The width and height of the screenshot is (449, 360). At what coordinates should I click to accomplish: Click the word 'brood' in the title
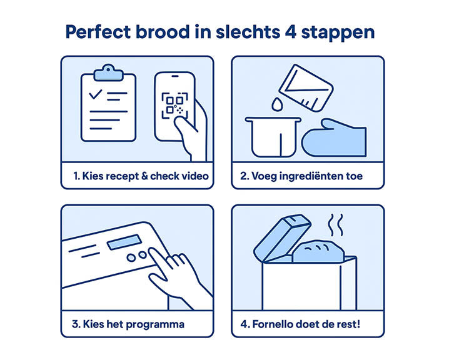(163, 32)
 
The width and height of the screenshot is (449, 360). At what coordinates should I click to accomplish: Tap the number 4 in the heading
(290, 32)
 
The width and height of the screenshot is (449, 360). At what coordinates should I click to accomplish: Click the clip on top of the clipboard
(108, 72)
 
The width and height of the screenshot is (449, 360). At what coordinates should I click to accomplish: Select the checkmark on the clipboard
(96, 94)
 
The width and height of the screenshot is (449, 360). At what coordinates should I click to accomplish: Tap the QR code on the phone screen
(174, 105)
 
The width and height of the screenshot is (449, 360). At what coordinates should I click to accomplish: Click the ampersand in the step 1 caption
(144, 176)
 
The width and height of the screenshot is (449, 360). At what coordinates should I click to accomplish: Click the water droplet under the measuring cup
(277, 104)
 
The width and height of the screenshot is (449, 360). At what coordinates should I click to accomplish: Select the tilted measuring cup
(306, 88)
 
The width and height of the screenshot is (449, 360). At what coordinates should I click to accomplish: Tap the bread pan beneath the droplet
(273, 137)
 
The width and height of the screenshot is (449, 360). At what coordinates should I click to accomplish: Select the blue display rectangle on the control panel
(124, 242)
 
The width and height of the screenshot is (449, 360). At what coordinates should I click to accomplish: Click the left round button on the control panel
(131, 258)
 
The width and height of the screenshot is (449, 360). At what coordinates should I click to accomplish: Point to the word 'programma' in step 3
(155, 325)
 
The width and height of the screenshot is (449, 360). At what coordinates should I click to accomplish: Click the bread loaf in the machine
(318, 251)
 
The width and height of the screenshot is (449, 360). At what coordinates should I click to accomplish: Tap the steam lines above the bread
(335, 225)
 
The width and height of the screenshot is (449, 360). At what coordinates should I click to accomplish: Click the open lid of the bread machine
(282, 237)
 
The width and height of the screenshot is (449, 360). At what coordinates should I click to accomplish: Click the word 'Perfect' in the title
(98, 32)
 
